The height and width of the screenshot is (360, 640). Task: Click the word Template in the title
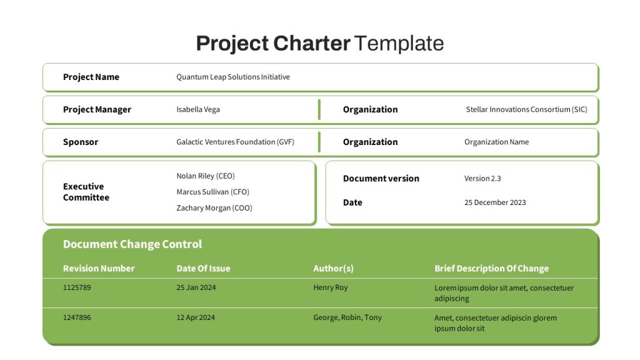coord(399,43)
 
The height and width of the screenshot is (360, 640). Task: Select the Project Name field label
coord(91,77)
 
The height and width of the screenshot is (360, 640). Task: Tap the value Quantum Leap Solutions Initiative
coord(233,77)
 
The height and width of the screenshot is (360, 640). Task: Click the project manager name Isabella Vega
coord(198,109)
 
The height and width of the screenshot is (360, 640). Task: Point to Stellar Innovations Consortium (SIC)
coord(526,109)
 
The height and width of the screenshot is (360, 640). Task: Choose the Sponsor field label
coord(81,142)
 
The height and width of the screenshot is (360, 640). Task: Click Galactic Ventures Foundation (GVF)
coord(235,142)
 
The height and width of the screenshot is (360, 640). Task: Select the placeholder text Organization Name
coord(496,142)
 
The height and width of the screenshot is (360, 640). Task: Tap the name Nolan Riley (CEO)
coord(205,176)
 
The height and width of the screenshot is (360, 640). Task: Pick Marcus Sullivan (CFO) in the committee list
coord(212,192)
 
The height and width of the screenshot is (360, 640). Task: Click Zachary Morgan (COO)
coord(214,207)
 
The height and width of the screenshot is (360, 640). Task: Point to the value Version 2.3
coord(482,178)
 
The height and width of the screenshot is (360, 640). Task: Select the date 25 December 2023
coord(495,202)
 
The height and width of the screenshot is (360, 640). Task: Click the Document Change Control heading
coord(132,244)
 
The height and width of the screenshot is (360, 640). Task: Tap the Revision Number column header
coord(99,269)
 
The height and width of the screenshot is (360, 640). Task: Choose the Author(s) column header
coord(334,269)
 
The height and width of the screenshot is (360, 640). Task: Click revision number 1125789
coord(77,287)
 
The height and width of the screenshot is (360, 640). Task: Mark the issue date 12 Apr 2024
coord(196,317)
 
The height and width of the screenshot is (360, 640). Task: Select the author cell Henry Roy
coord(331,287)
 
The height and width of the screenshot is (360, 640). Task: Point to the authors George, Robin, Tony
coord(347,317)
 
